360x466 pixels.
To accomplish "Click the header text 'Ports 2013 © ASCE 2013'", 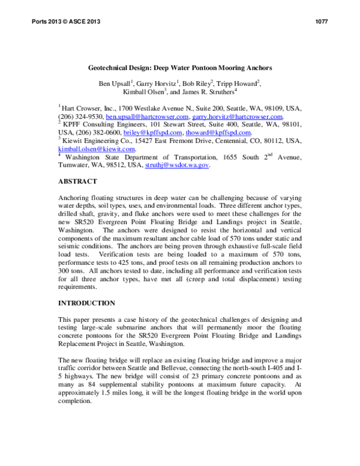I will point(61,22).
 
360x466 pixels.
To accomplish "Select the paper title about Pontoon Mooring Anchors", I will point(180,68).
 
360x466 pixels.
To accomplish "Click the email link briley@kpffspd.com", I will point(158,132).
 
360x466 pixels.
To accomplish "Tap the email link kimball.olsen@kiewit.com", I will point(96,148).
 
